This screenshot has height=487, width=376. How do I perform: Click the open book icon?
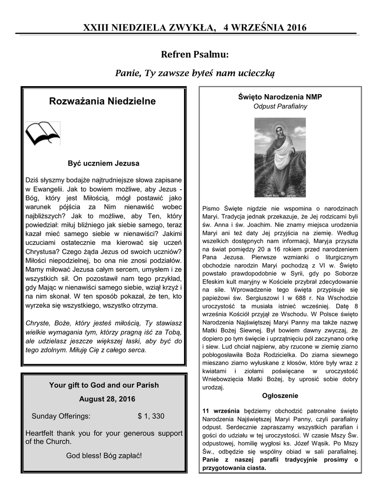pyautogui.click(x=42, y=133)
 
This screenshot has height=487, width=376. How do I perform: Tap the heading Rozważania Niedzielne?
pyautogui.click(x=102, y=102)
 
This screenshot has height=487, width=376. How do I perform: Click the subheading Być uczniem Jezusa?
pyautogui.click(x=104, y=163)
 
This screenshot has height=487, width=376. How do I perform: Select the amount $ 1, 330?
pyautogui.click(x=151, y=416)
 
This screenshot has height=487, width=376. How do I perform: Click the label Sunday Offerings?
pyautogui.click(x=60, y=416)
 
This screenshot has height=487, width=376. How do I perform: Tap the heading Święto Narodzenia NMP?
pyautogui.click(x=280, y=97)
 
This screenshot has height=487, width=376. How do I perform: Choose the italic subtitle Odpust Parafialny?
pyautogui.click(x=280, y=107)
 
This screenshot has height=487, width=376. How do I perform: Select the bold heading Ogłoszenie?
pyautogui.click(x=280, y=396)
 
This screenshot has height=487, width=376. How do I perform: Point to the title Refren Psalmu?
pyautogui.click(x=195, y=55)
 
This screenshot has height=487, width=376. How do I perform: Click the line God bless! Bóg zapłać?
pyautogui.click(x=104, y=455)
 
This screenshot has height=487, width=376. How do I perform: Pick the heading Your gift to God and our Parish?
pyautogui.click(x=104, y=385)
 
